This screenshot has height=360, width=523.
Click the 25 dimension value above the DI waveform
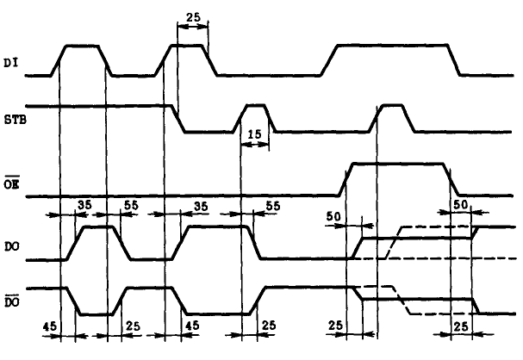[193, 17]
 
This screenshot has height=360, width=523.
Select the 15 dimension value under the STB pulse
[253, 135]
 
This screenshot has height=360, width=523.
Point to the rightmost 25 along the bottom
[462, 328]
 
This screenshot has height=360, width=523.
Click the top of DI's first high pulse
[83, 46]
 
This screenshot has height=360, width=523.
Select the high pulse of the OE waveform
[396, 163]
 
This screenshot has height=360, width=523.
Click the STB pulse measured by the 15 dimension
[254, 105]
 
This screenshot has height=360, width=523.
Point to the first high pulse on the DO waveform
[97, 227]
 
